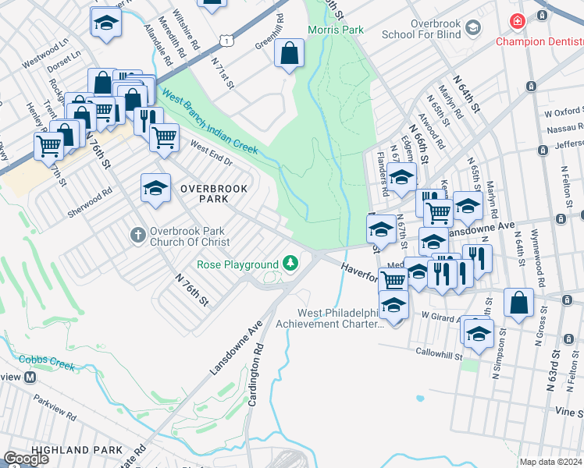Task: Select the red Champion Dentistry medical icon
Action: (x=516, y=22)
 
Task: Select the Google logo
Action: (x=27, y=459)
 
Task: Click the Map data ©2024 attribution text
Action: (x=551, y=462)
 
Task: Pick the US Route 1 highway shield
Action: (x=225, y=37)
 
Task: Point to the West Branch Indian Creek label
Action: (x=209, y=120)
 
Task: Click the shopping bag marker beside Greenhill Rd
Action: (x=289, y=54)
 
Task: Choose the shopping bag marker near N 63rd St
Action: (x=518, y=302)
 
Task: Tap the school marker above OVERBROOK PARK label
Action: (x=155, y=187)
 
